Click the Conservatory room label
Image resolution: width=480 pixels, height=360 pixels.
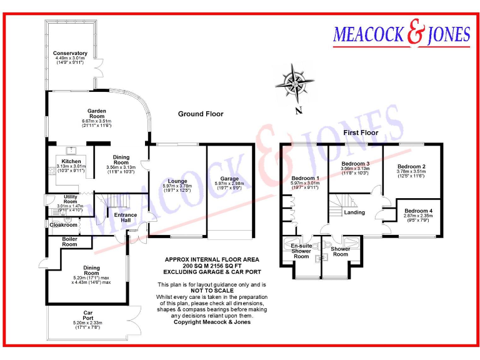[x=70, y=53]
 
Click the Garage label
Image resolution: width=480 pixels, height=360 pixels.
[x=229, y=179]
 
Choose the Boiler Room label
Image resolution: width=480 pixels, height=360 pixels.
[x=70, y=242]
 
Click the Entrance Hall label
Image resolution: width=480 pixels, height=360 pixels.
[x=126, y=218]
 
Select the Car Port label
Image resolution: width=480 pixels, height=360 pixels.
[x=87, y=315]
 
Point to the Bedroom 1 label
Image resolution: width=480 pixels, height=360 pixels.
[x=305, y=178]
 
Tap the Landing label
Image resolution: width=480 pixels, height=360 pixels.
[x=354, y=212]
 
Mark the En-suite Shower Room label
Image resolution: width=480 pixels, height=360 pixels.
[x=301, y=251]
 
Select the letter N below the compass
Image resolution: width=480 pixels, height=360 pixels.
[x=299, y=111]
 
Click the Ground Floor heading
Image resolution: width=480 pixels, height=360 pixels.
[x=201, y=114]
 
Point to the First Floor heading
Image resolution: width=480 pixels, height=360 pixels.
[x=361, y=132]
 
